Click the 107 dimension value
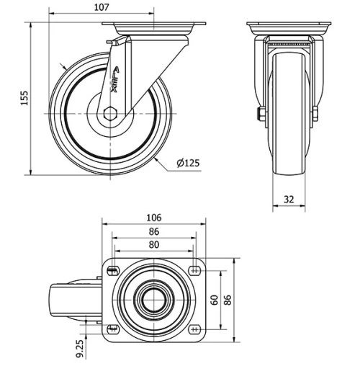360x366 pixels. tap(102, 7)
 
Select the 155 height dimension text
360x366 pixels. tap(24, 98)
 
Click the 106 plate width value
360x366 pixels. tap(153, 218)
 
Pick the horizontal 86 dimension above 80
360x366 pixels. tap(153, 232)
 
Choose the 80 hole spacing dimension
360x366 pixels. tap(153, 245)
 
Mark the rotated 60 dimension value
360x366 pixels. tap(212, 299)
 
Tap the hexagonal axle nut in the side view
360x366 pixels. tap(109, 113)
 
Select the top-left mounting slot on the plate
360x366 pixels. tap(113, 270)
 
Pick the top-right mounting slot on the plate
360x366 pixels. tap(194, 270)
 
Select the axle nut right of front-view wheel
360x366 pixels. tap(316, 114)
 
